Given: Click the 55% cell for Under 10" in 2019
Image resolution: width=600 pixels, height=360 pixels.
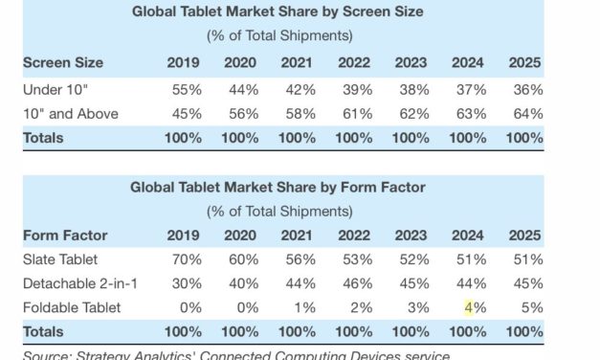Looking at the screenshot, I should [187, 89].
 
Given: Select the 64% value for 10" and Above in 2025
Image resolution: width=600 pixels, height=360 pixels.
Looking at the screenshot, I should [526, 113].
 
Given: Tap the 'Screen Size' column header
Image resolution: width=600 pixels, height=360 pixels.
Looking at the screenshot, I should [63, 63].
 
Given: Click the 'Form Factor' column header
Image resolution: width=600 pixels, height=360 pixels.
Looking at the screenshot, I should [64, 235].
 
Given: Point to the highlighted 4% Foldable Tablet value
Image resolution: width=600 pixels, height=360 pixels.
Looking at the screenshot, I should [470, 307].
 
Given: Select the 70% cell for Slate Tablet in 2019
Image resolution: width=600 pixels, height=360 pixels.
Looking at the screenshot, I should [187, 259].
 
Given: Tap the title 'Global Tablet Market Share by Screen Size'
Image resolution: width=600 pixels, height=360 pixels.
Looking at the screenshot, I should [277, 12].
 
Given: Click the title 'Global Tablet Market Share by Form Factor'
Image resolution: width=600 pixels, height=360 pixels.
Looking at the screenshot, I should [277, 187].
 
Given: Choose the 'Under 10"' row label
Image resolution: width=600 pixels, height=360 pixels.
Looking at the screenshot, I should [56, 89].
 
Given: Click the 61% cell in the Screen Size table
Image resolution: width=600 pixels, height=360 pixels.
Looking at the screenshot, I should [356, 113].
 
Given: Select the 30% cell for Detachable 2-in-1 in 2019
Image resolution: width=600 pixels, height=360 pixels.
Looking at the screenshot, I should [187, 283].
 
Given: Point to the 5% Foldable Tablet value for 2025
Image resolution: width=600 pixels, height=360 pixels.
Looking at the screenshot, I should [529, 307].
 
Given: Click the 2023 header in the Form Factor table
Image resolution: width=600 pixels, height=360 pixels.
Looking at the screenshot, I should [411, 235].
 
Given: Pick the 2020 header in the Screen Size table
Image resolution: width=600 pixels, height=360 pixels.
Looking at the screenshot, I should [240, 63].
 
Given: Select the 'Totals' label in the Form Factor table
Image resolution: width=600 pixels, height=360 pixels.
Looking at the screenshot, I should [43, 331].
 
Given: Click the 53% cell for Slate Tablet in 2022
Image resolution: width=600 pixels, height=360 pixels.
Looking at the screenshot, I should [356, 259].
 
